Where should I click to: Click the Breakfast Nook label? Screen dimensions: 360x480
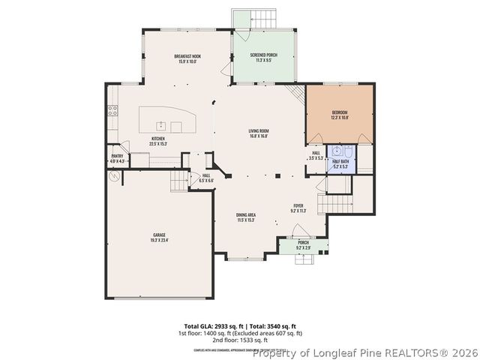[187, 58]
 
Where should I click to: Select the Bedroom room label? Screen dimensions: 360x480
[340, 115]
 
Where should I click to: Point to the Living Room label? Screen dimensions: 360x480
[259, 133]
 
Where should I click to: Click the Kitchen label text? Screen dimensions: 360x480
[158, 141]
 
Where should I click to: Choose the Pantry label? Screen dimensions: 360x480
[117, 159]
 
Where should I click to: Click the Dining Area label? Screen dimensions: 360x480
[246, 217]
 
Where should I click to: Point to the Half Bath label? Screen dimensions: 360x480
[340, 164]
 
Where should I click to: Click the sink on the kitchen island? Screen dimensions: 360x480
[160, 124]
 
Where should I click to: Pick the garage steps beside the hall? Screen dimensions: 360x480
[178, 181]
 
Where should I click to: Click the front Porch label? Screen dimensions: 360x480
[303, 244]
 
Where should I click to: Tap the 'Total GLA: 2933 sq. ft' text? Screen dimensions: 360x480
[209, 326]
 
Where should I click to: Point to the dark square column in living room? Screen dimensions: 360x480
[277, 176]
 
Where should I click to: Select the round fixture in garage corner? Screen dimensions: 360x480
[115, 177]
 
